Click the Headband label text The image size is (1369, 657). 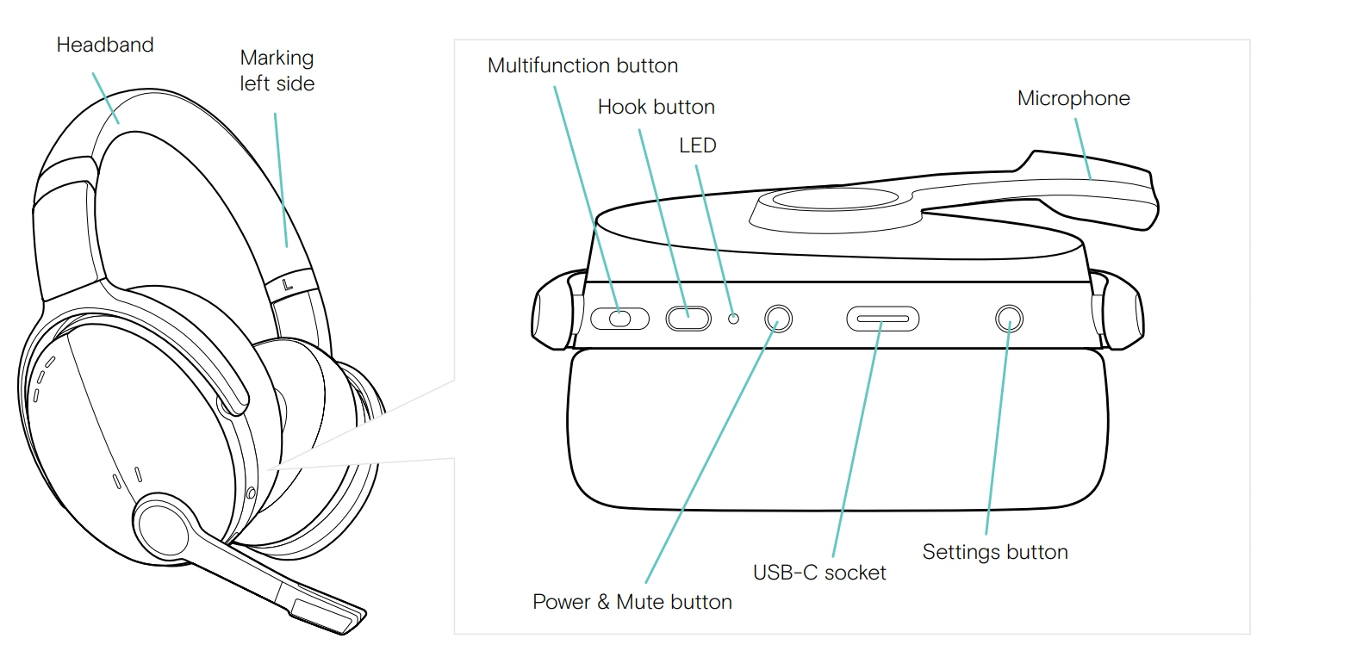click(105, 45)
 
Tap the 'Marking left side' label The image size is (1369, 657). click(277, 71)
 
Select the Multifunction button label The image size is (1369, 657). click(582, 65)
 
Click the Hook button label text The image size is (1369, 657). click(656, 107)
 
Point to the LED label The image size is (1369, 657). click(697, 146)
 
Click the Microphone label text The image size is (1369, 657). click(1073, 98)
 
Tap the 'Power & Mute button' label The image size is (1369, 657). click(632, 602)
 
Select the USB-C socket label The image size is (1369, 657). click(818, 573)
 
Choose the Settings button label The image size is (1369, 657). click(994, 552)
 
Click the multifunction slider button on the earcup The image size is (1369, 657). click(620, 319)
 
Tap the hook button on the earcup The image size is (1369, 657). click(688, 319)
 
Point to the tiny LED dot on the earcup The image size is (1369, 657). click(734, 319)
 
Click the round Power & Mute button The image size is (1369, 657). click(778, 319)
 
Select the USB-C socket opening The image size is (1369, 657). click(882, 319)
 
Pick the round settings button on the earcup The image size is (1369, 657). click(1009, 319)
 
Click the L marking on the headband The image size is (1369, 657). click(288, 284)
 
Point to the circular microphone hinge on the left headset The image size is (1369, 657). click(163, 527)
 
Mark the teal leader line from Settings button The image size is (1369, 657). click(998, 431)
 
